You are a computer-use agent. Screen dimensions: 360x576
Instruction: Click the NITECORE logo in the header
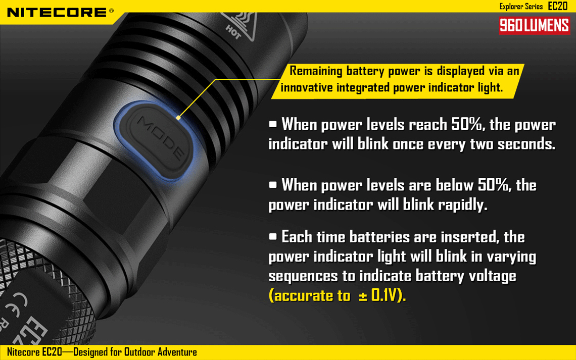point(57,12)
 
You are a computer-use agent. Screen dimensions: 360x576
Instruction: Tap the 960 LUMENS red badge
point(534,25)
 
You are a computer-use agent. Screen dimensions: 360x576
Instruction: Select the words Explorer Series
point(521,7)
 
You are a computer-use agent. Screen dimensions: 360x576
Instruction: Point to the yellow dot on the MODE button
point(178,118)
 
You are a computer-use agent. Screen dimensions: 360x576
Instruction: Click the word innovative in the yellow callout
point(307,88)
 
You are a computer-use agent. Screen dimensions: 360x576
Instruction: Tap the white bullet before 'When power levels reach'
point(273,124)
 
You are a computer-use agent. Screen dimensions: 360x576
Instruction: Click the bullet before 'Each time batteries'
point(273,236)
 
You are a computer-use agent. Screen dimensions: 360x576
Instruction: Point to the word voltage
point(491,276)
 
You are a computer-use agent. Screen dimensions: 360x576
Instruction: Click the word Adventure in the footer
point(177,352)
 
